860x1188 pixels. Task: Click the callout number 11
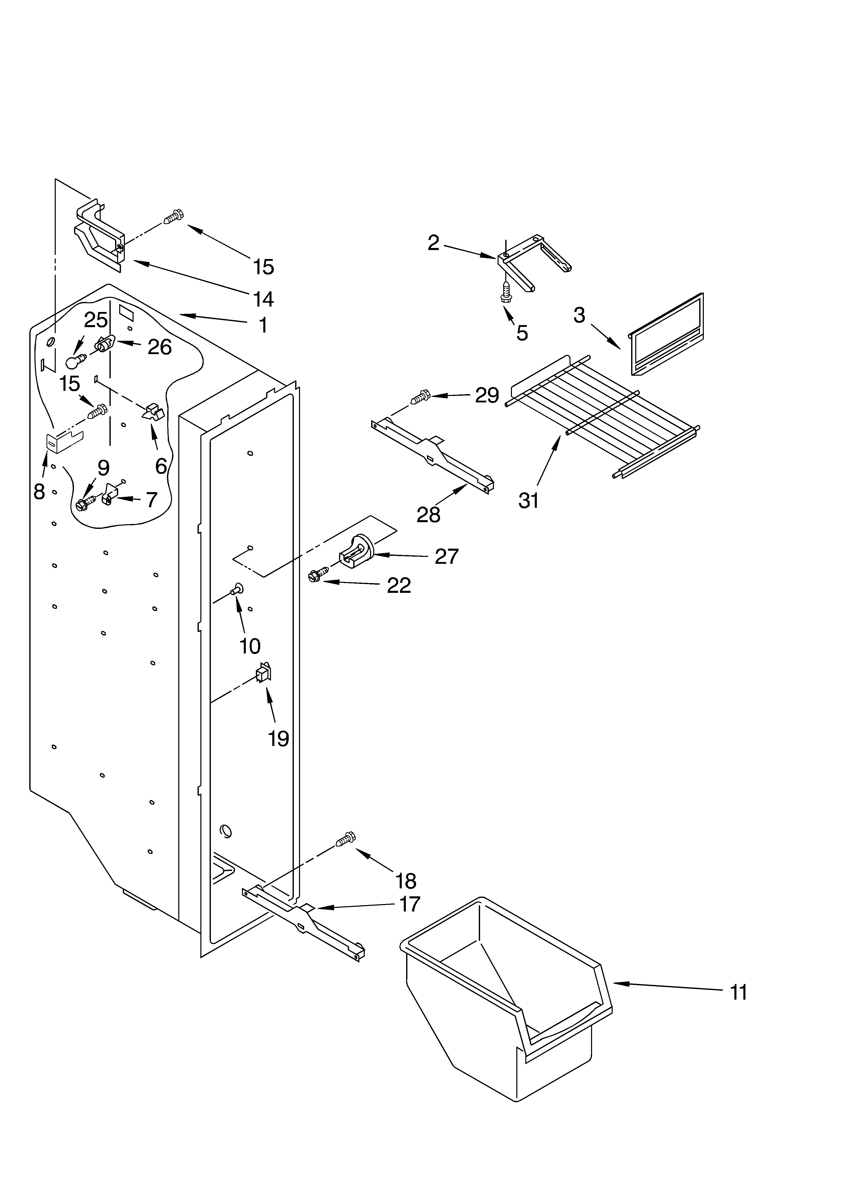(x=739, y=993)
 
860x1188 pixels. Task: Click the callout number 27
(x=447, y=556)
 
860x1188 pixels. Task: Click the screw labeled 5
(x=506, y=292)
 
